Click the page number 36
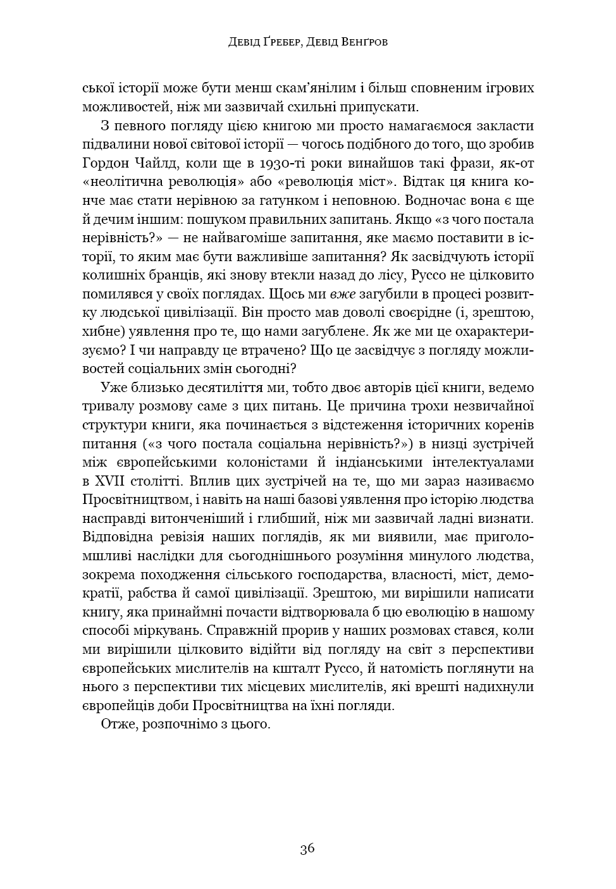click(307, 849)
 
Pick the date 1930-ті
click(278, 164)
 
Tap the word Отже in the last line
click(119, 724)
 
